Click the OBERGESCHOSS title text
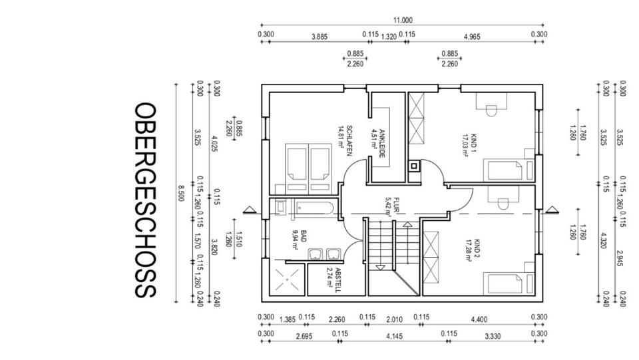coord(145,200)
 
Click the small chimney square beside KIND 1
coord(414,166)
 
